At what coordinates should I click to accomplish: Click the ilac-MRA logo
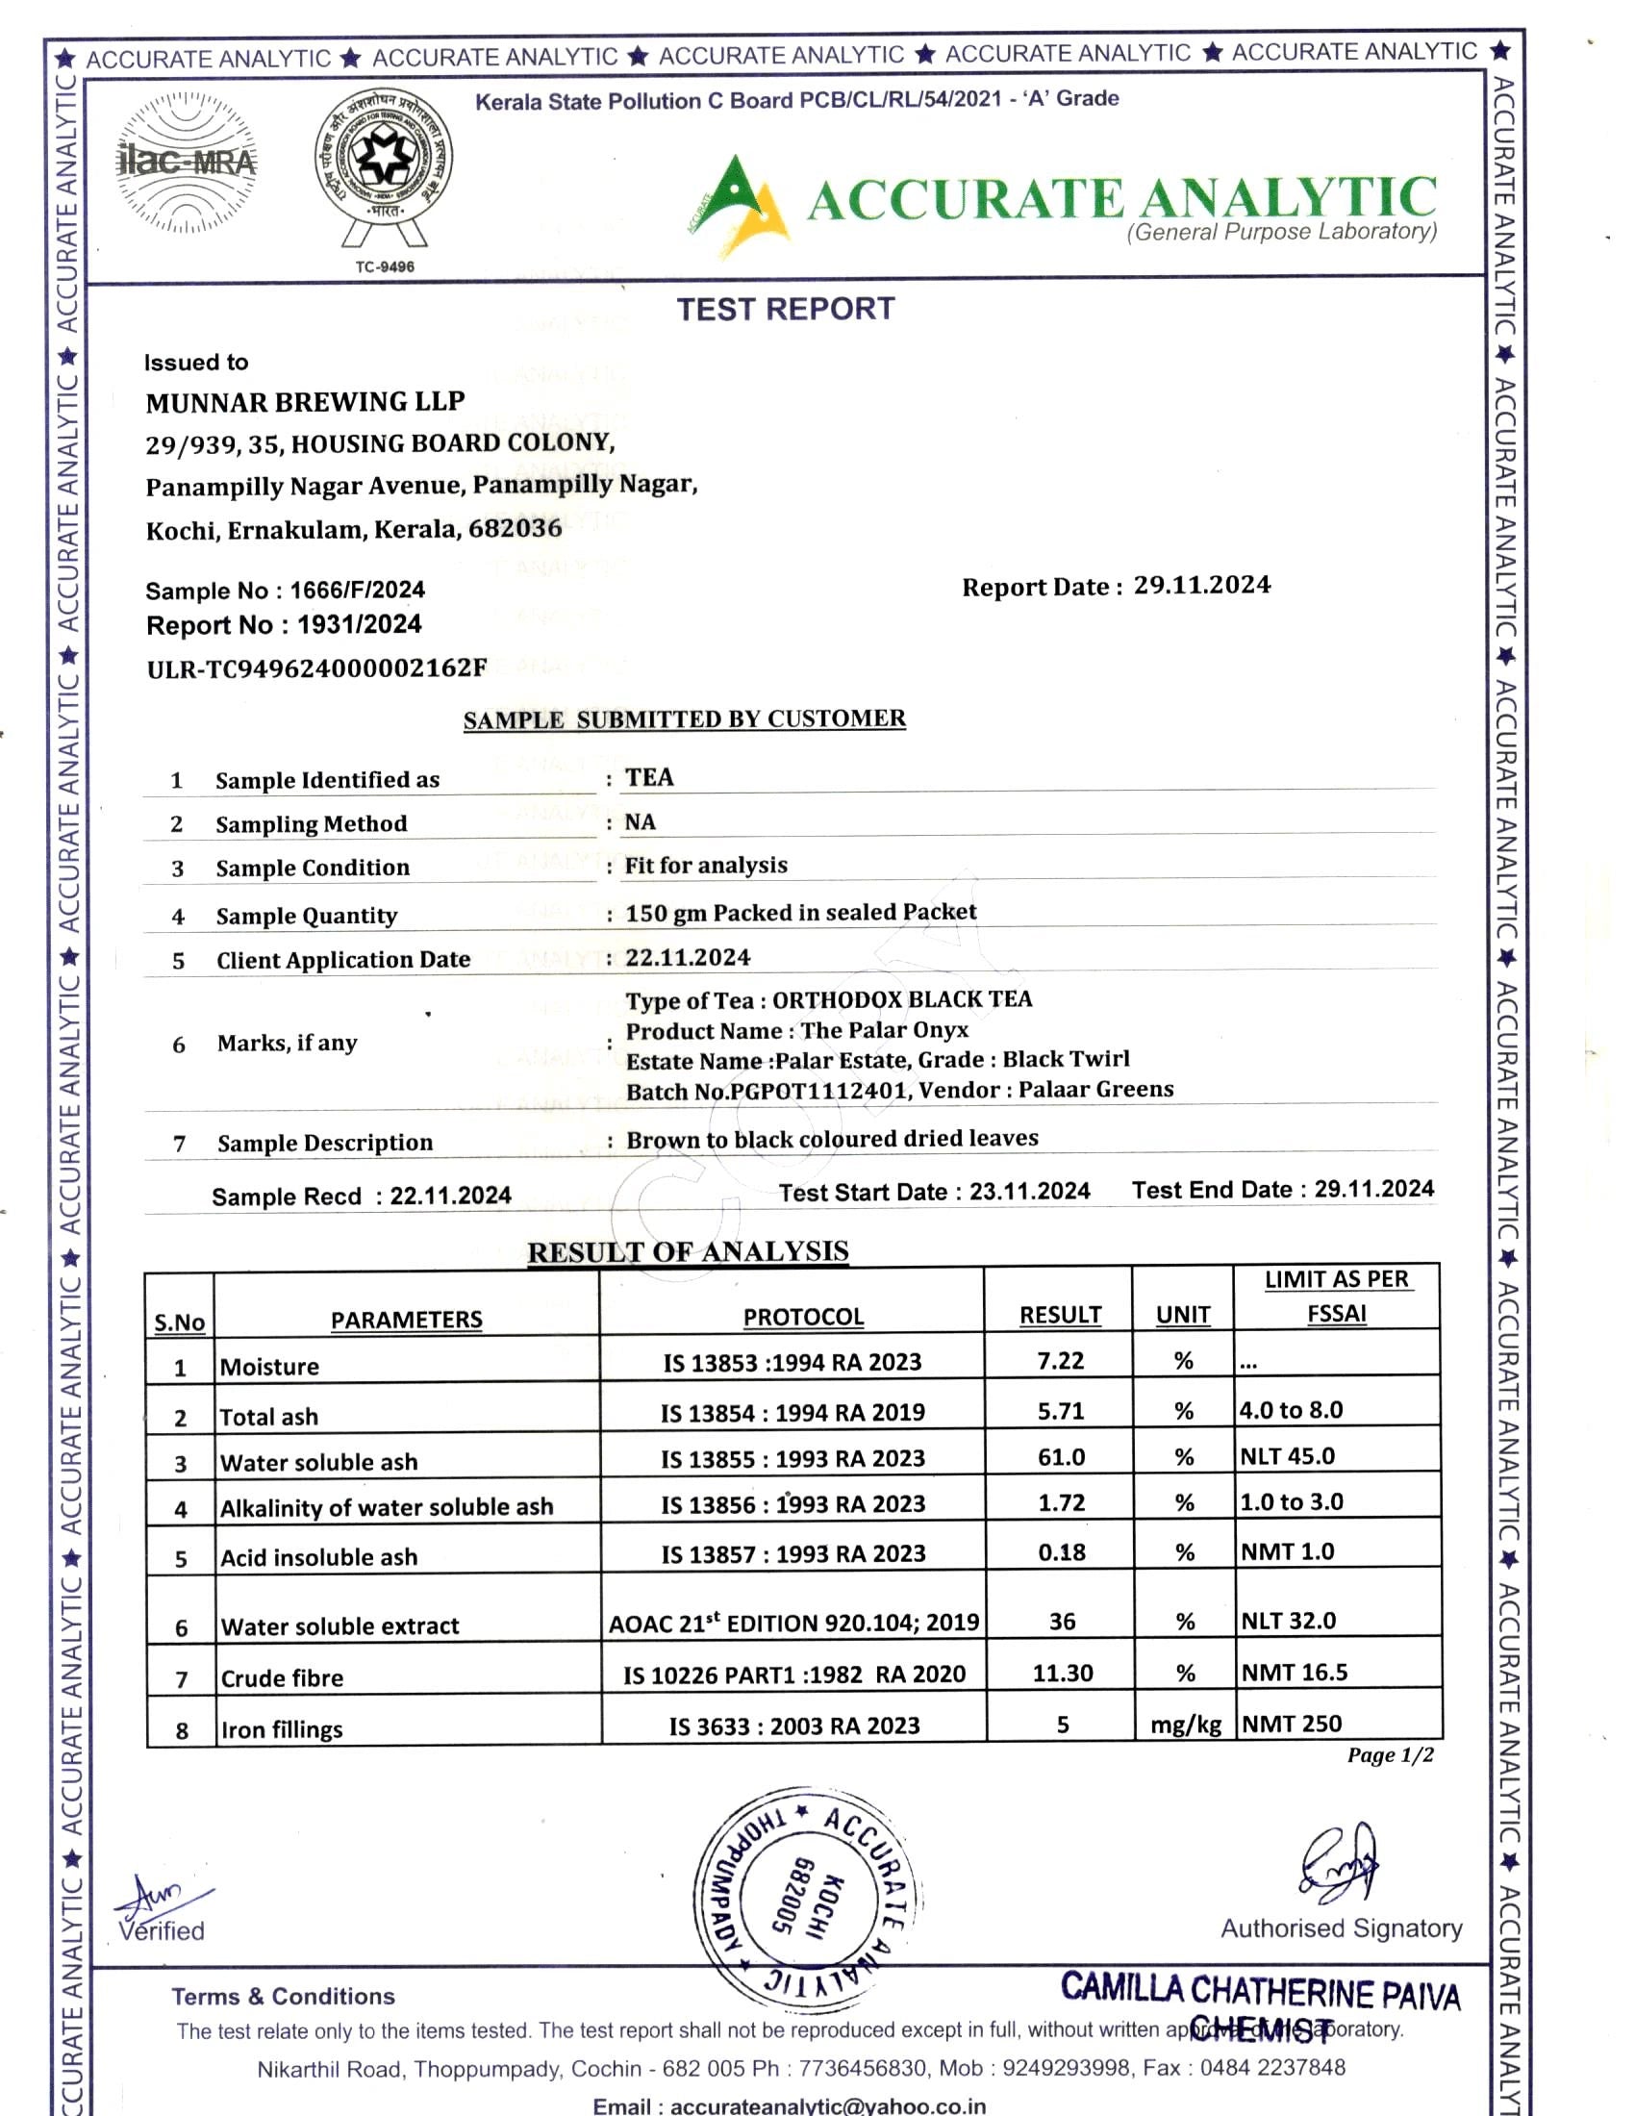(186, 163)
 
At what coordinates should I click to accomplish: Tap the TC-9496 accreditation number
(385, 267)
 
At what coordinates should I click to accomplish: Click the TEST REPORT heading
(786, 309)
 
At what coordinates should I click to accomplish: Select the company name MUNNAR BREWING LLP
(305, 402)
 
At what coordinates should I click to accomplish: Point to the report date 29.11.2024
(1202, 585)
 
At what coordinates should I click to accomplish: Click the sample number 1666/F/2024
(358, 590)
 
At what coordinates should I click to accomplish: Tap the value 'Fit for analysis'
(706, 866)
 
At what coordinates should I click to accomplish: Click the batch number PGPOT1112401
(817, 1091)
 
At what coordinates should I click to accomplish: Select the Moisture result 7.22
(1061, 1361)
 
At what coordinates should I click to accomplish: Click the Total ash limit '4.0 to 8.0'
(1292, 1410)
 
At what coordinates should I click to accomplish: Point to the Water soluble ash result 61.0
(1062, 1457)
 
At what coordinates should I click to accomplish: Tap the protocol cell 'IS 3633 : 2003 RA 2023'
(794, 1726)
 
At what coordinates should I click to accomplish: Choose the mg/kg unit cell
(1186, 1725)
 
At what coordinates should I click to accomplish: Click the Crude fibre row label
(282, 1678)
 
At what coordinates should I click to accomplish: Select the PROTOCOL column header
(803, 1317)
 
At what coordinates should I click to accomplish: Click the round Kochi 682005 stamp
(808, 1895)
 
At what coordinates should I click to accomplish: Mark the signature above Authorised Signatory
(1339, 1864)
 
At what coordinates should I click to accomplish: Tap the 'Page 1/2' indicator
(1390, 1755)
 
